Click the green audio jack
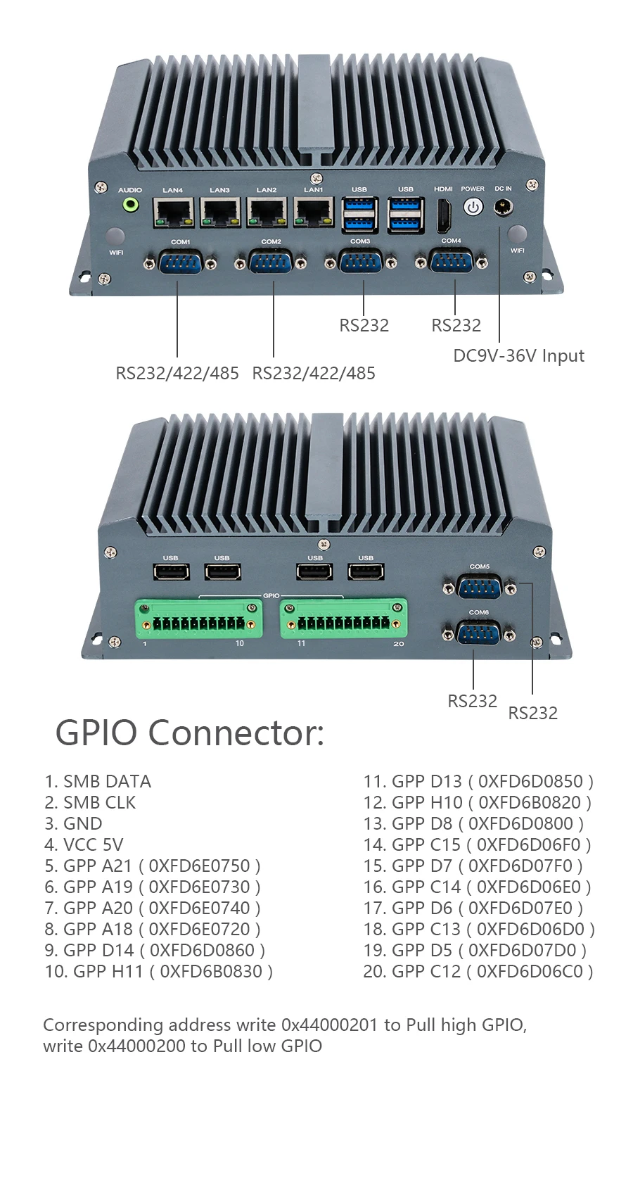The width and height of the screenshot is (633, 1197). click(x=130, y=205)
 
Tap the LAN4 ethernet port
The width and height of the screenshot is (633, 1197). click(x=174, y=212)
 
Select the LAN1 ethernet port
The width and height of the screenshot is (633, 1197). click(x=314, y=212)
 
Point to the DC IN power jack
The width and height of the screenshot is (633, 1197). click(x=503, y=208)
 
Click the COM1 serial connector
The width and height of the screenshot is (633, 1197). click(x=181, y=263)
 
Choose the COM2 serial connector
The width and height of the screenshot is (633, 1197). click(x=271, y=264)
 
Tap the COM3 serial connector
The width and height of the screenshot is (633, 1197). click(x=361, y=262)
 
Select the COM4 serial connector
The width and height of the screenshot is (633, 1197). click(x=451, y=262)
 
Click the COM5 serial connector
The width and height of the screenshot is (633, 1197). click(x=480, y=587)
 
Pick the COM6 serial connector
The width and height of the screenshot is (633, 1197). click(x=479, y=633)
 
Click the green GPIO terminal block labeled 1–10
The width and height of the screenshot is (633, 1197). click(x=199, y=619)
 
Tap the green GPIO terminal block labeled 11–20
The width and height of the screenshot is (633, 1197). click(x=344, y=619)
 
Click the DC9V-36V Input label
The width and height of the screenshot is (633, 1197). click(x=518, y=356)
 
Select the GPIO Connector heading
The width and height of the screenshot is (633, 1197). click(x=190, y=733)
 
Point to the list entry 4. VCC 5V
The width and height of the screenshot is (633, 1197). click(x=84, y=844)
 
